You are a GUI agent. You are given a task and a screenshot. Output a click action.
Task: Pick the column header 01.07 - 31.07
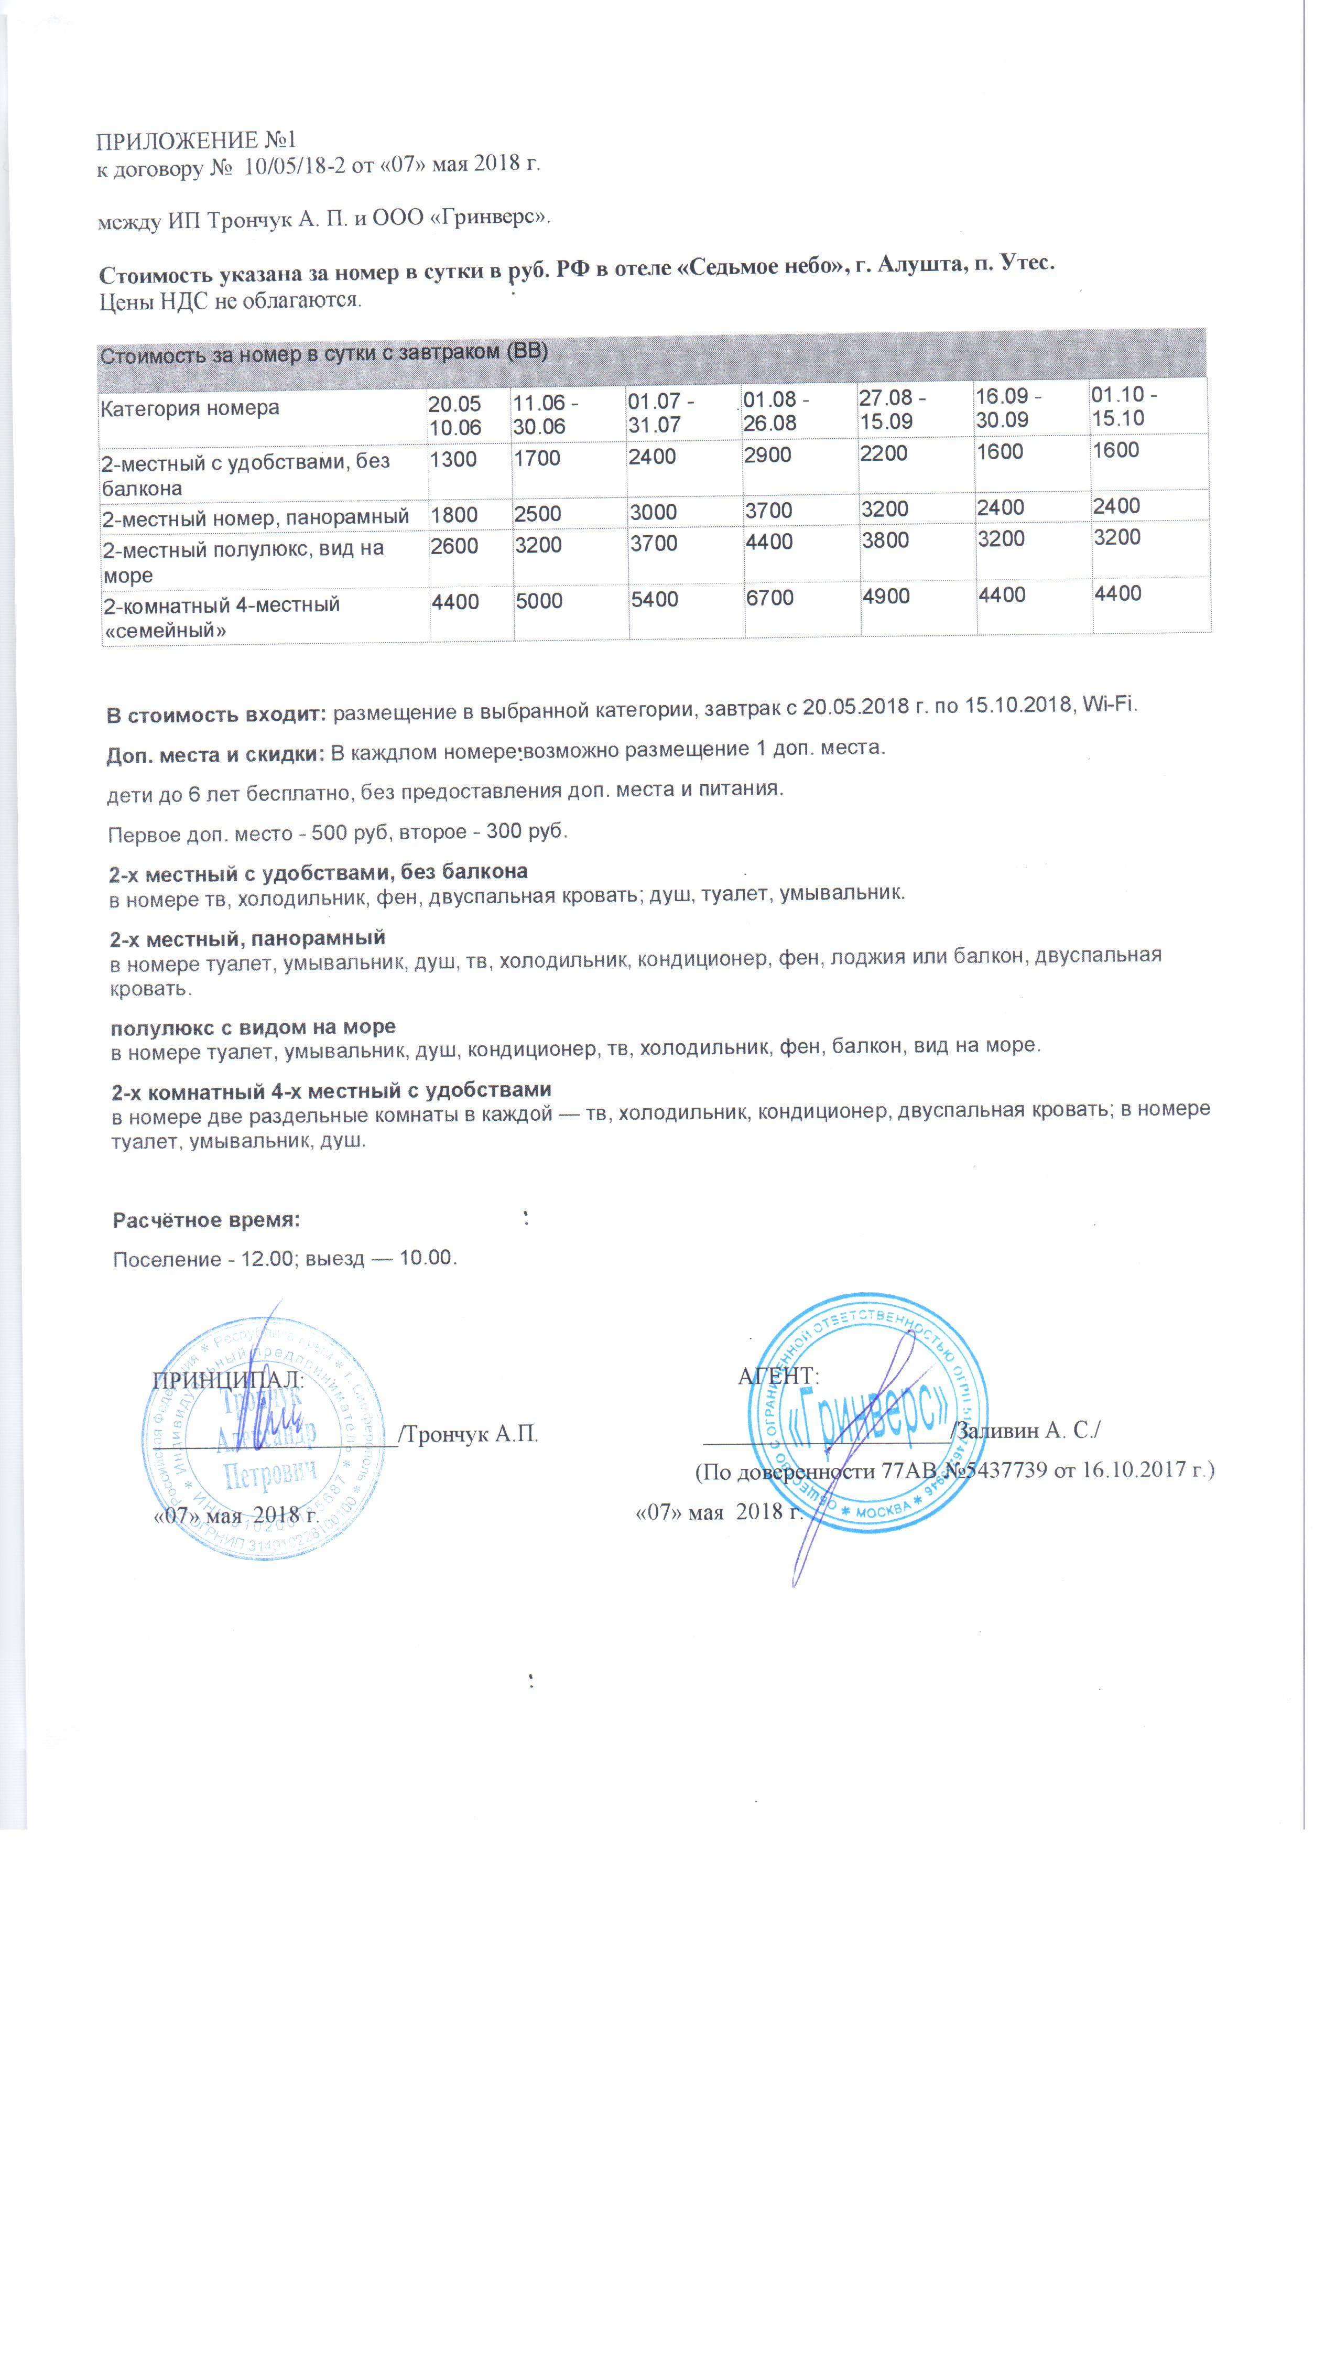(x=660, y=413)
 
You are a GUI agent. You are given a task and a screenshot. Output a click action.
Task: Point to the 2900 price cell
(x=767, y=455)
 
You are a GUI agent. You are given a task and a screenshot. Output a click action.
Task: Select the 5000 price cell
(x=539, y=601)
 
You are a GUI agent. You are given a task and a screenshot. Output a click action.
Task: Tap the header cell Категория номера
(x=190, y=408)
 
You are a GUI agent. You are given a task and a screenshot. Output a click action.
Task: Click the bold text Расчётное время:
(x=207, y=1220)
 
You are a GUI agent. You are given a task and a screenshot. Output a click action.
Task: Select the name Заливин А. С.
(x=1028, y=1430)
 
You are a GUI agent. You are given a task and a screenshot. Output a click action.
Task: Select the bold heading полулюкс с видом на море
(x=253, y=1027)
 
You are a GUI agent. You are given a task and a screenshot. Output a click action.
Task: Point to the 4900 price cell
(x=885, y=597)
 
